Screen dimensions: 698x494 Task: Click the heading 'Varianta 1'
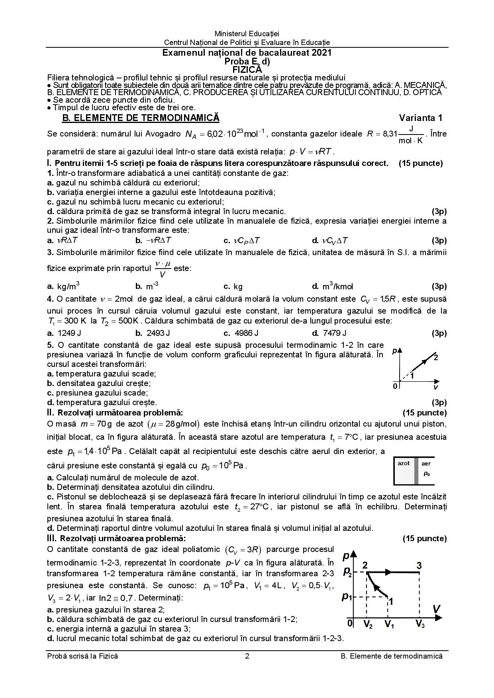420,118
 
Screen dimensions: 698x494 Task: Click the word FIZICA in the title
247,69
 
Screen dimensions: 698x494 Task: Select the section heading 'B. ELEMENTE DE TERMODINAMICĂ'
141,118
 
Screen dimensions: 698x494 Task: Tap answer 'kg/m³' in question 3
68,286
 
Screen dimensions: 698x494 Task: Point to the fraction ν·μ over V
163,268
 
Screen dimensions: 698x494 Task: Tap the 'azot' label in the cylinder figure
404,464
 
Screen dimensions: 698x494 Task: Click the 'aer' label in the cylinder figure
426,464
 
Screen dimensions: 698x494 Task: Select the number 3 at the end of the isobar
419,565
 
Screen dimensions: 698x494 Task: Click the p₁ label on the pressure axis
347,597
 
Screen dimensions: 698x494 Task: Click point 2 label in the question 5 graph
436,357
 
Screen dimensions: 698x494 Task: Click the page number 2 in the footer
247,656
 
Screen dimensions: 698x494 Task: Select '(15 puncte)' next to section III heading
424,538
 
